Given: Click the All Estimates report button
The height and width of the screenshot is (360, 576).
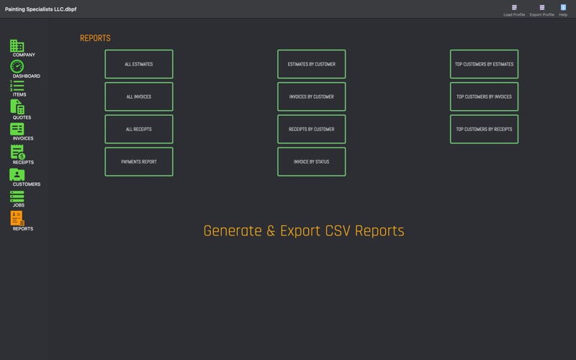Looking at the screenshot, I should click(x=139, y=64).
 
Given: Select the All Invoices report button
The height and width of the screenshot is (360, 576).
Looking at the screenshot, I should click(x=139, y=96).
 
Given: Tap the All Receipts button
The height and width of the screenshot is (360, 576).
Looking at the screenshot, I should click(x=139, y=130).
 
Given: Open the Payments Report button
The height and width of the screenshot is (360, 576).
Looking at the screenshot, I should click(x=139, y=162).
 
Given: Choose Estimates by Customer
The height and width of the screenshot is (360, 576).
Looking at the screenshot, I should click(x=311, y=64).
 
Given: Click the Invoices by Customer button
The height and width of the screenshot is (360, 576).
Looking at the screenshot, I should click(x=311, y=96).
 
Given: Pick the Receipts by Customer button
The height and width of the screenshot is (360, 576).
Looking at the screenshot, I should click(x=311, y=130).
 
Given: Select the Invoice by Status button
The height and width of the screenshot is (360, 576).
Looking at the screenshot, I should click(x=311, y=162).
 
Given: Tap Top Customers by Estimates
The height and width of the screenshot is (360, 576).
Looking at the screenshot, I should click(x=484, y=64).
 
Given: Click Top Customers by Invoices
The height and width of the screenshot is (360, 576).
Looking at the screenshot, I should click(x=484, y=96).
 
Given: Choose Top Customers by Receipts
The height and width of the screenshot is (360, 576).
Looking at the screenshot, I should click(x=484, y=130).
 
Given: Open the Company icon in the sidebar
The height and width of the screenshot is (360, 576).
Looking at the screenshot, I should click(x=17, y=46).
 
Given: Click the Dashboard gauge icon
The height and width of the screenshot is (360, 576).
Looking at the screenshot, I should click(x=17, y=67).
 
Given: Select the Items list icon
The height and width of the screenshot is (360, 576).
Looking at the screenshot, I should click(x=17, y=86).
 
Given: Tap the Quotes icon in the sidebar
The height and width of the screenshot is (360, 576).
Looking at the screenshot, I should click(x=17, y=107).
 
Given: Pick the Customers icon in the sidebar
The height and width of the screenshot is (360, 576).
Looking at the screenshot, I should click(x=17, y=174).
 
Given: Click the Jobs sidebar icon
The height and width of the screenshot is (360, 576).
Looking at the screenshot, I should click(x=17, y=196).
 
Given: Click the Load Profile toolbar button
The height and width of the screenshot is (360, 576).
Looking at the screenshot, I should click(x=514, y=9).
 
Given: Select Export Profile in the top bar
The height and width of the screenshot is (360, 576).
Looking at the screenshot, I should click(x=541, y=9).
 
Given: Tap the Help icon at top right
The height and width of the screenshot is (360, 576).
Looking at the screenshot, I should click(x=563, y=9).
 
